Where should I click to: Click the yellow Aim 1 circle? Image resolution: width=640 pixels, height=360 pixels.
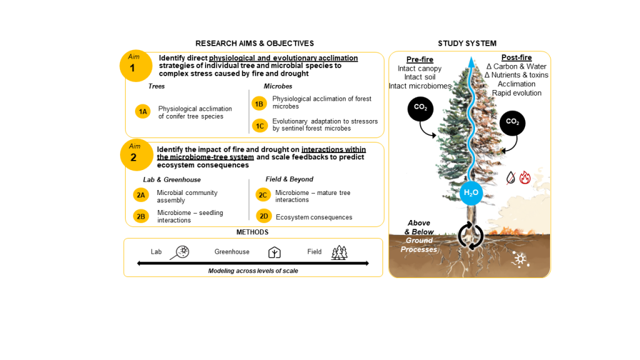[x=136, y=66]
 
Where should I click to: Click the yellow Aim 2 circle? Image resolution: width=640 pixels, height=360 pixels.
[x=136, y=154]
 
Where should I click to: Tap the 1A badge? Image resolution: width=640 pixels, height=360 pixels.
[x=143, y=112]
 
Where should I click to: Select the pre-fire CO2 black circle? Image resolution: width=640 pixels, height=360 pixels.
[x=420, y=109]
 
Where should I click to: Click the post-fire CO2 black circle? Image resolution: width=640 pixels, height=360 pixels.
[x=512, y=123]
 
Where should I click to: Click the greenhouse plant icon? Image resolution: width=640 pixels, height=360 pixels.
[x=274, y=252]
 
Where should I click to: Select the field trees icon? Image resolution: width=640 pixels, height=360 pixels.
[x=339, y=252]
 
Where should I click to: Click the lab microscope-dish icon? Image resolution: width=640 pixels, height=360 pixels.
[x=181, y=252]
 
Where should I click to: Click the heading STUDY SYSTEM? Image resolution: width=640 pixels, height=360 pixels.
[x=467, y=43]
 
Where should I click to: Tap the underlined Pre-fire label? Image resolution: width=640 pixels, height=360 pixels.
[x=420, y=59]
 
